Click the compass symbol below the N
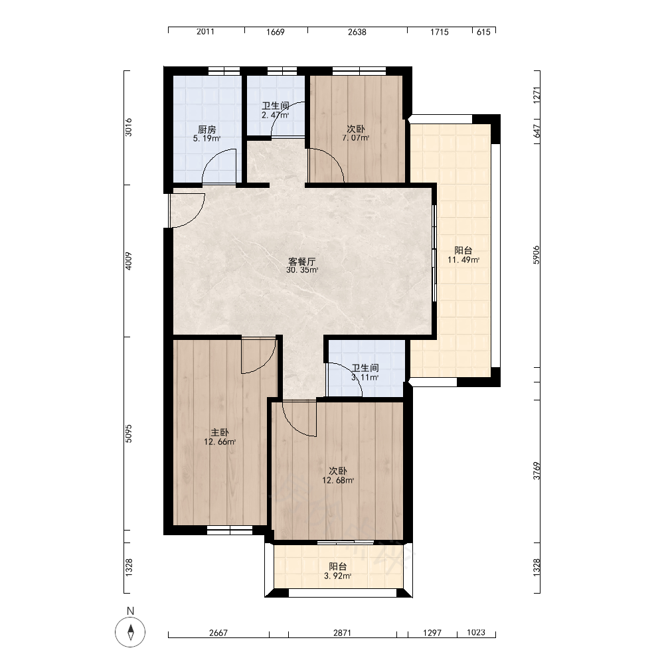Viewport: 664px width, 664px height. pos(130,632)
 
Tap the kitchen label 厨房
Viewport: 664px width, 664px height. pos(207,129)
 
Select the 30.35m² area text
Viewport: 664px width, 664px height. pos(302,270)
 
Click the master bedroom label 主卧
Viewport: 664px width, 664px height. pos(220,432)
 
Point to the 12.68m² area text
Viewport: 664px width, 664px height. pos(338,480)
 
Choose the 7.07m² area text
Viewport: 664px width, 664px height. pos(356,137)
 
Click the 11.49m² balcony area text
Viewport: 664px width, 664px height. pos(463,260)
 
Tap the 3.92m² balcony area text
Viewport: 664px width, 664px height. pos(338,576)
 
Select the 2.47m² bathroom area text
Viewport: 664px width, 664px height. pos(276,115)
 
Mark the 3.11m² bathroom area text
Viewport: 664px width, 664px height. pos(365,377)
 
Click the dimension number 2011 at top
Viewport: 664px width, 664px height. pos(205,31)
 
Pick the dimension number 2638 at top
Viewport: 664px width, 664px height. pos(357,32)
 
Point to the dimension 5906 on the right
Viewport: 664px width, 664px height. pos(537,255)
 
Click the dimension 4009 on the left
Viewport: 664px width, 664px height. pos(129,261)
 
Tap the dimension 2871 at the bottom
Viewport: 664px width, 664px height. pos(342,633)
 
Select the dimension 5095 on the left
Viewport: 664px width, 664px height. pos(129,433)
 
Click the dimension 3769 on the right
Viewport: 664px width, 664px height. pos(537,471)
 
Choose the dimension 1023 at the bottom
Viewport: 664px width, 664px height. pos(476,632)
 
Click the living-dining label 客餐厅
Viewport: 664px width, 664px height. pos(302,261)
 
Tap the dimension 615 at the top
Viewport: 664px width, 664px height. pos(483,32)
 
